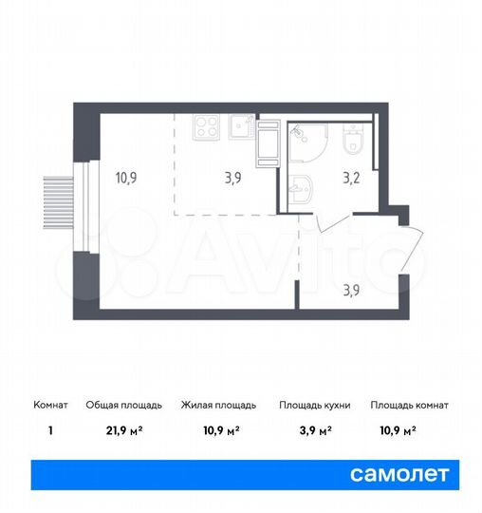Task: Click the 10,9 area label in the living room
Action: pos(126,175)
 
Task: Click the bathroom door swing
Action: pos(324,223)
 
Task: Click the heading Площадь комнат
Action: pos(410,405)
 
